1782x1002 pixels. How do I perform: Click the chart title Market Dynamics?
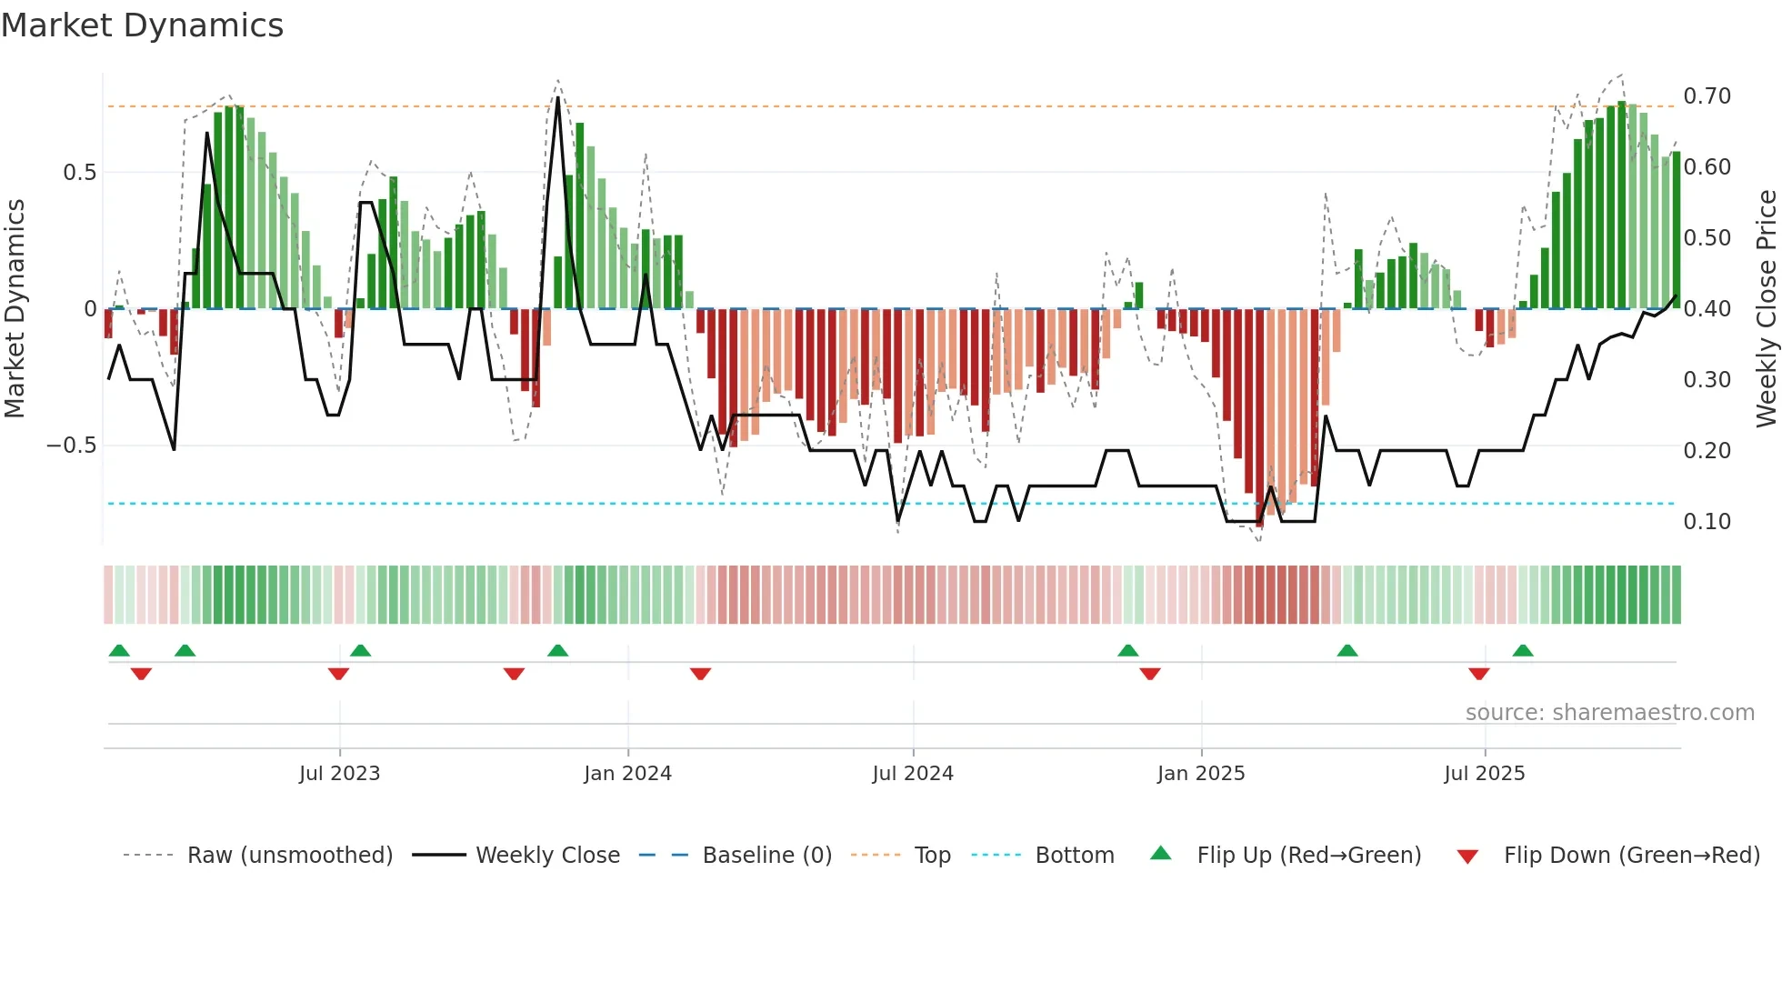pos(142,25)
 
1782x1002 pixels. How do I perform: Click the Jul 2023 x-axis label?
pos(339,774)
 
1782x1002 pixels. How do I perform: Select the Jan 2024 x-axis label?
pos(627,774)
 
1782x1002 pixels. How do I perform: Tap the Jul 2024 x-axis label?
pos(913,774)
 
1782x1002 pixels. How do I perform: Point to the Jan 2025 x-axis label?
pos(1201,774)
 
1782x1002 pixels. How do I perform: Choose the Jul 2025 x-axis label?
pos(1485,774)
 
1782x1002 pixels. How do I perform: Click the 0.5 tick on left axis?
pos(80,173)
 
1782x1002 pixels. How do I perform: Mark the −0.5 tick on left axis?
pos(72,446)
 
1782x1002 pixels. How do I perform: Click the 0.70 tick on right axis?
pos(1707,96)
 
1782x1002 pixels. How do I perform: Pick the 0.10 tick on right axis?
pos(1707,522)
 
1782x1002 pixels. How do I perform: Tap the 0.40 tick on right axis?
pos(1707,309)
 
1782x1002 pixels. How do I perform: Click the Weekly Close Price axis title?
pos(1766,308)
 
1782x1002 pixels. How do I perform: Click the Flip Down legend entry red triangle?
pos(1467,857)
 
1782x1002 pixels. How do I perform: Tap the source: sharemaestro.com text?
pos(1609,713)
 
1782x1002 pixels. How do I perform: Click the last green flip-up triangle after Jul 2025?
pos(1523,650)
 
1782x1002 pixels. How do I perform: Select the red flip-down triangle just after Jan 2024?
pos(700,674)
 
